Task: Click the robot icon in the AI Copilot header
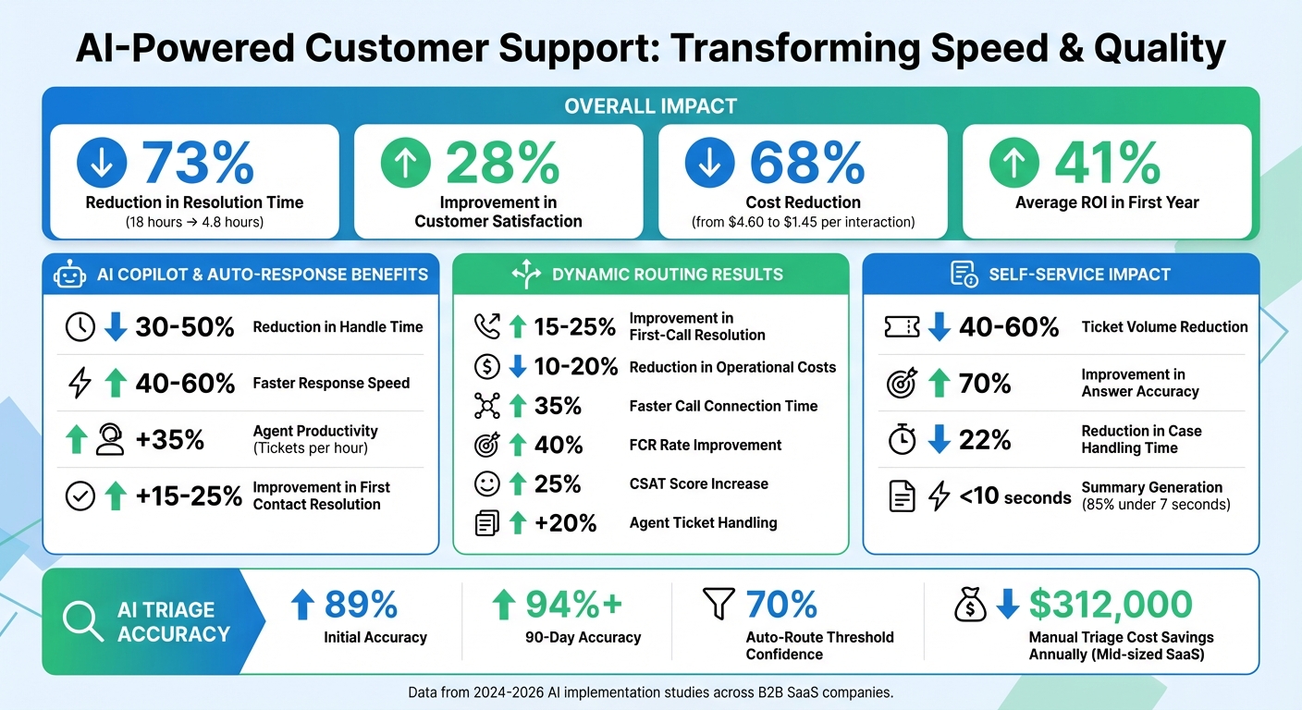(x=70, y=275)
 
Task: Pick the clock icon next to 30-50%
(x=80, y=326)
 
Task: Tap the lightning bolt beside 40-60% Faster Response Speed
(x=80, y=383)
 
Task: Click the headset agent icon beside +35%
(x=109, y=439)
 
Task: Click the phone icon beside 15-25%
(x=486, y=326)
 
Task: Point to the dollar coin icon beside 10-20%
(x=486, y=367)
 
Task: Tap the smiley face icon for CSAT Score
(x=486, y=484)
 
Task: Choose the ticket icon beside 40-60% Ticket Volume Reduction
(x=902, y=326)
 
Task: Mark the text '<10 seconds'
(x=1015, y=496)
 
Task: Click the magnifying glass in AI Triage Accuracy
(x=82, y=621)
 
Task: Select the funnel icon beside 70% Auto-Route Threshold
(x=719, y=604)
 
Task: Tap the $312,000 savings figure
(x=1111, y=605)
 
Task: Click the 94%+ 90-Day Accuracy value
(x=574, y=605)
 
